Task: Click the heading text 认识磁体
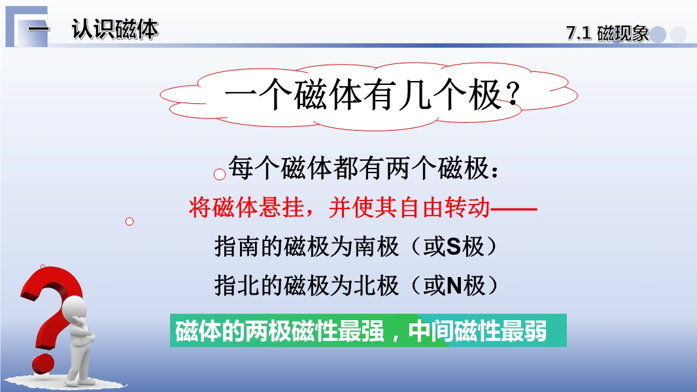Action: (x=114, y=30)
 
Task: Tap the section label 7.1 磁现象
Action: (x=607, y=33)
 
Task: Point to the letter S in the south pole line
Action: (x=453, y=246)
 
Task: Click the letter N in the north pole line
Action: (x=454, y=286)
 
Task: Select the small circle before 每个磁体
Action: (x=220, y=174)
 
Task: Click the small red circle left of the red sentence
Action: (x=129, y=221)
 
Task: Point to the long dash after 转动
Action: (x=513, y=208)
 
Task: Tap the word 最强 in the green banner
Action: (x=361, y=331)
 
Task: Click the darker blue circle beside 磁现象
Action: (x=658, y=35)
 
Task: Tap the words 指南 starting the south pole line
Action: (x=237, y=246)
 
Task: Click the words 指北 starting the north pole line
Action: (x=237, y=286)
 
